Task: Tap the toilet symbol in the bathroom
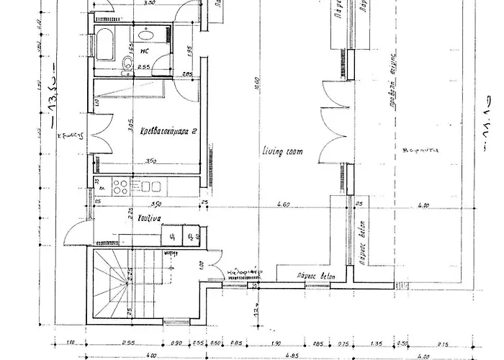[x=127, y=63]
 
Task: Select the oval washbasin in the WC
[x=145, y=34]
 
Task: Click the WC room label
[x=145, y=51]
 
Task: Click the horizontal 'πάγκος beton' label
[x=312, y=276]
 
